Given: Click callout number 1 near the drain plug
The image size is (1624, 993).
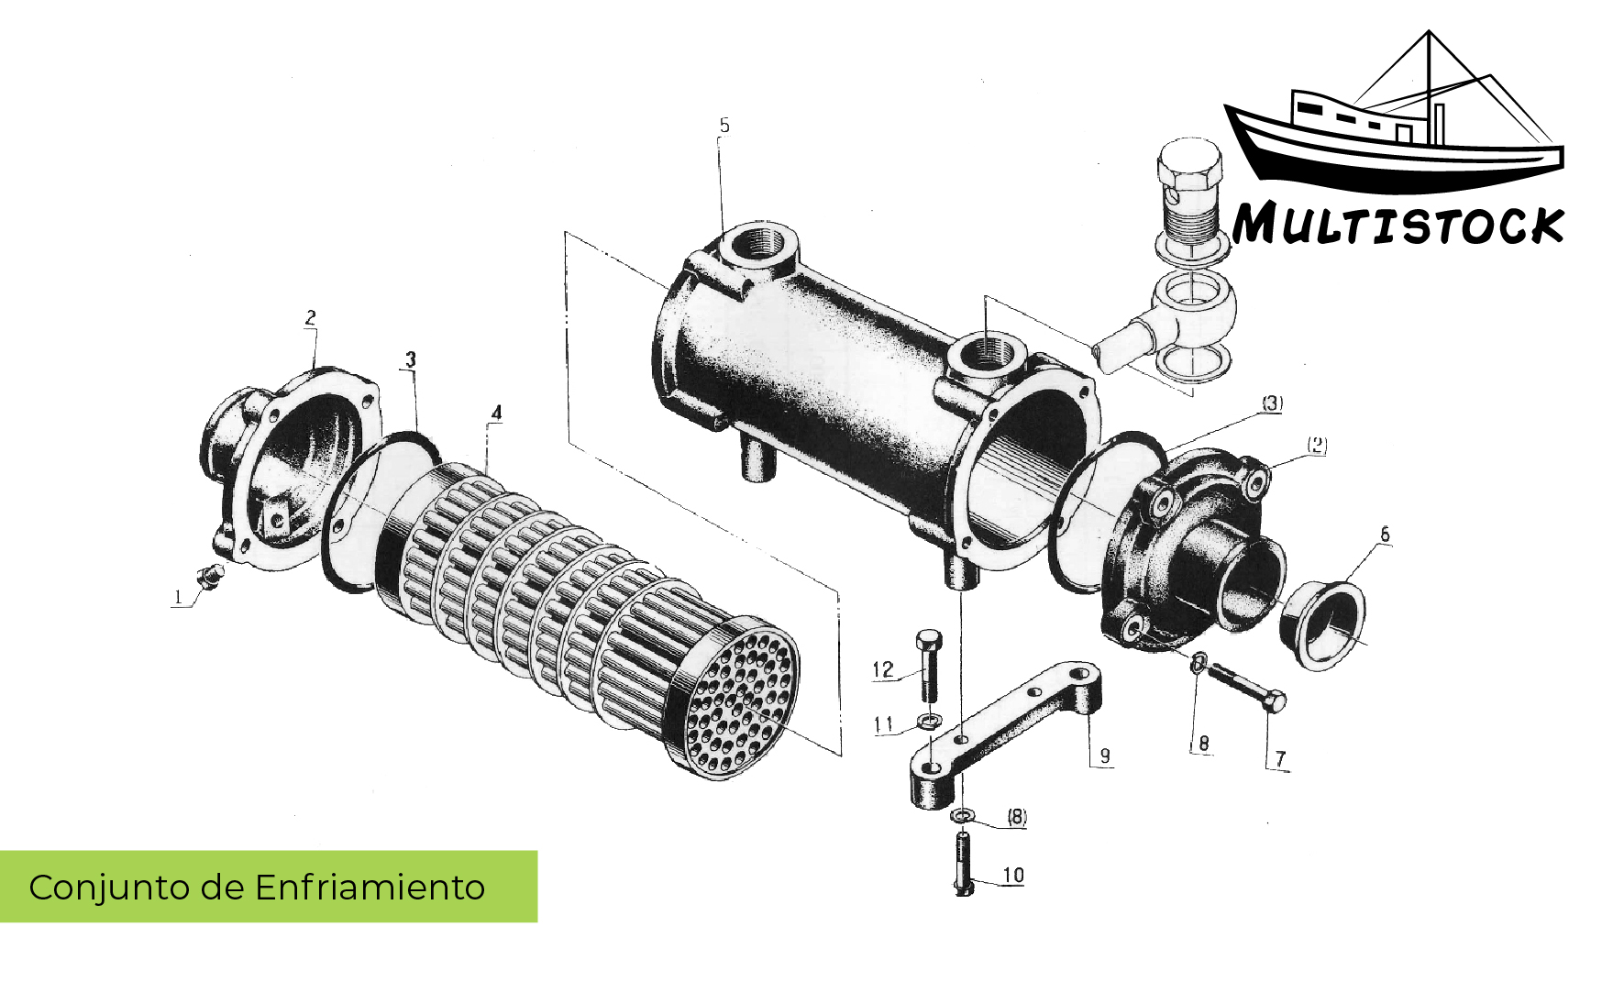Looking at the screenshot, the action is (x=178, y=598).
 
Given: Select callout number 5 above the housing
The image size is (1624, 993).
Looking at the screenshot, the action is (x=724, y=126).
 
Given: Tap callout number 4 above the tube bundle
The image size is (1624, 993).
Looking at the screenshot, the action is (x=496, y=413).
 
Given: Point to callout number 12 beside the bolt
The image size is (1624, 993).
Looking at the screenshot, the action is (x=882, y=670).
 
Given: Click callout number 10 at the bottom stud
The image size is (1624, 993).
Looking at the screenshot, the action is (x=1013, y=875).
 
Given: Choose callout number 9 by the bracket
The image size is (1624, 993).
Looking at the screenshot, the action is (x=1105, y=756).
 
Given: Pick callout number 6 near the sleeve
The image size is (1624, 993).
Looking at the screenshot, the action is (x=1385, y=534).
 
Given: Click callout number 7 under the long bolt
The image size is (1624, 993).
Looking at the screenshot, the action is (x=1281, y=759).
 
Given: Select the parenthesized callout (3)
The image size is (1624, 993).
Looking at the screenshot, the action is (x=1273, y=403).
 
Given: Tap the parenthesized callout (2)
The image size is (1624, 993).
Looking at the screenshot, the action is (x=1317, y=446).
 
